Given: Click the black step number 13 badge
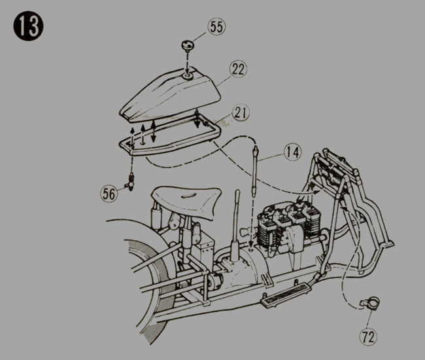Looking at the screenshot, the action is click(x=28, y=26).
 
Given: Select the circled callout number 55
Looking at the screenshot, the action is click(x=216, y=27).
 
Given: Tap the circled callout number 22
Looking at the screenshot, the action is click(x=238, y=69).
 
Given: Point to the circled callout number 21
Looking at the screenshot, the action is click(x=241, y=113).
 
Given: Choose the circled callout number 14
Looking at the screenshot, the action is click(x=293, y=152).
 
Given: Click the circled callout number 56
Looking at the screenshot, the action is click(x=109, y=194).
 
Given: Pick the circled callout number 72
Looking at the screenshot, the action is click(x=368, y=336).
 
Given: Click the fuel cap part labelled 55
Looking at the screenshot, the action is click(x=187, y=45).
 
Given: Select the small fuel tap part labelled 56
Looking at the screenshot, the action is click(x=131, y=182).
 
